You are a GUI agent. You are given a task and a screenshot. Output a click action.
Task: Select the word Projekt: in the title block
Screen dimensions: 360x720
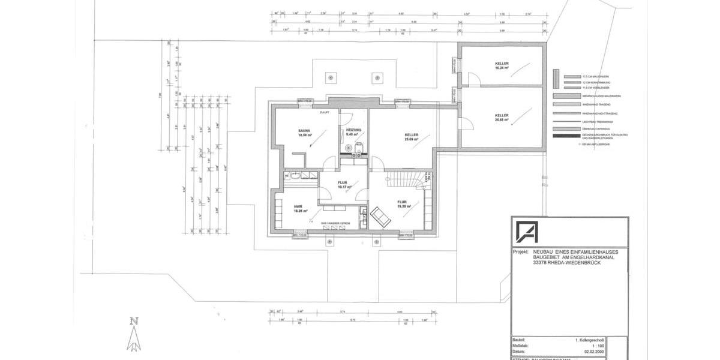tap(521, 253)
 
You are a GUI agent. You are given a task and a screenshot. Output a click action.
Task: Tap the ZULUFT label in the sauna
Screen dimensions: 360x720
tap(325, 112)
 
